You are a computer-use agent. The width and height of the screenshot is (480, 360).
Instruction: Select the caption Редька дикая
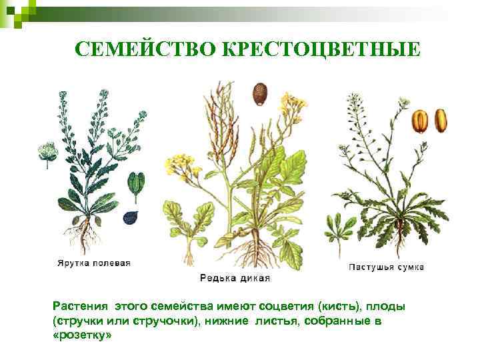[235, 277]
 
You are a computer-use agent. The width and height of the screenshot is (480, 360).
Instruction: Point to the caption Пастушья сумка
[386, 267]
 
